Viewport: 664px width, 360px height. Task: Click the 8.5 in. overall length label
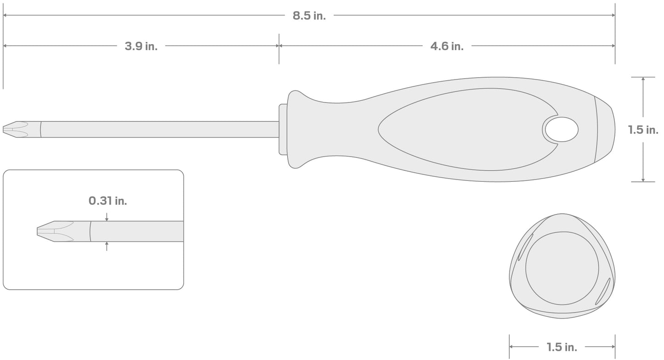[x=309, y=16]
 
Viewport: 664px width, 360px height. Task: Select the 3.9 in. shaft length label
[x=141, y=46]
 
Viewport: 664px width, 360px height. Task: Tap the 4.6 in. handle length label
[x=447, y=46]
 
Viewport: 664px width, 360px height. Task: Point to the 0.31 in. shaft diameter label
[x=108, y=201]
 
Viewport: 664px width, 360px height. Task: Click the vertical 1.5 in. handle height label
[x=643, y=130]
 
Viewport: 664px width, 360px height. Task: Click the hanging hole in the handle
[x=561, y=129]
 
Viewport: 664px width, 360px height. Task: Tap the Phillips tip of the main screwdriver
[x=14, y=129]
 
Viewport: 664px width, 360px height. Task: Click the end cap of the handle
[x=605, y=129]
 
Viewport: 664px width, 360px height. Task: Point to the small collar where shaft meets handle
[x=283, y=129]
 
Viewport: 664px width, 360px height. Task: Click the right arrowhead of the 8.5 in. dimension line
[x=613, y=16]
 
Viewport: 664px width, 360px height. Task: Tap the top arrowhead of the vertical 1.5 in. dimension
[x=643, y=79]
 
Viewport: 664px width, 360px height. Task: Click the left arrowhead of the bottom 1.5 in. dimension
[x=512, y=347]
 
